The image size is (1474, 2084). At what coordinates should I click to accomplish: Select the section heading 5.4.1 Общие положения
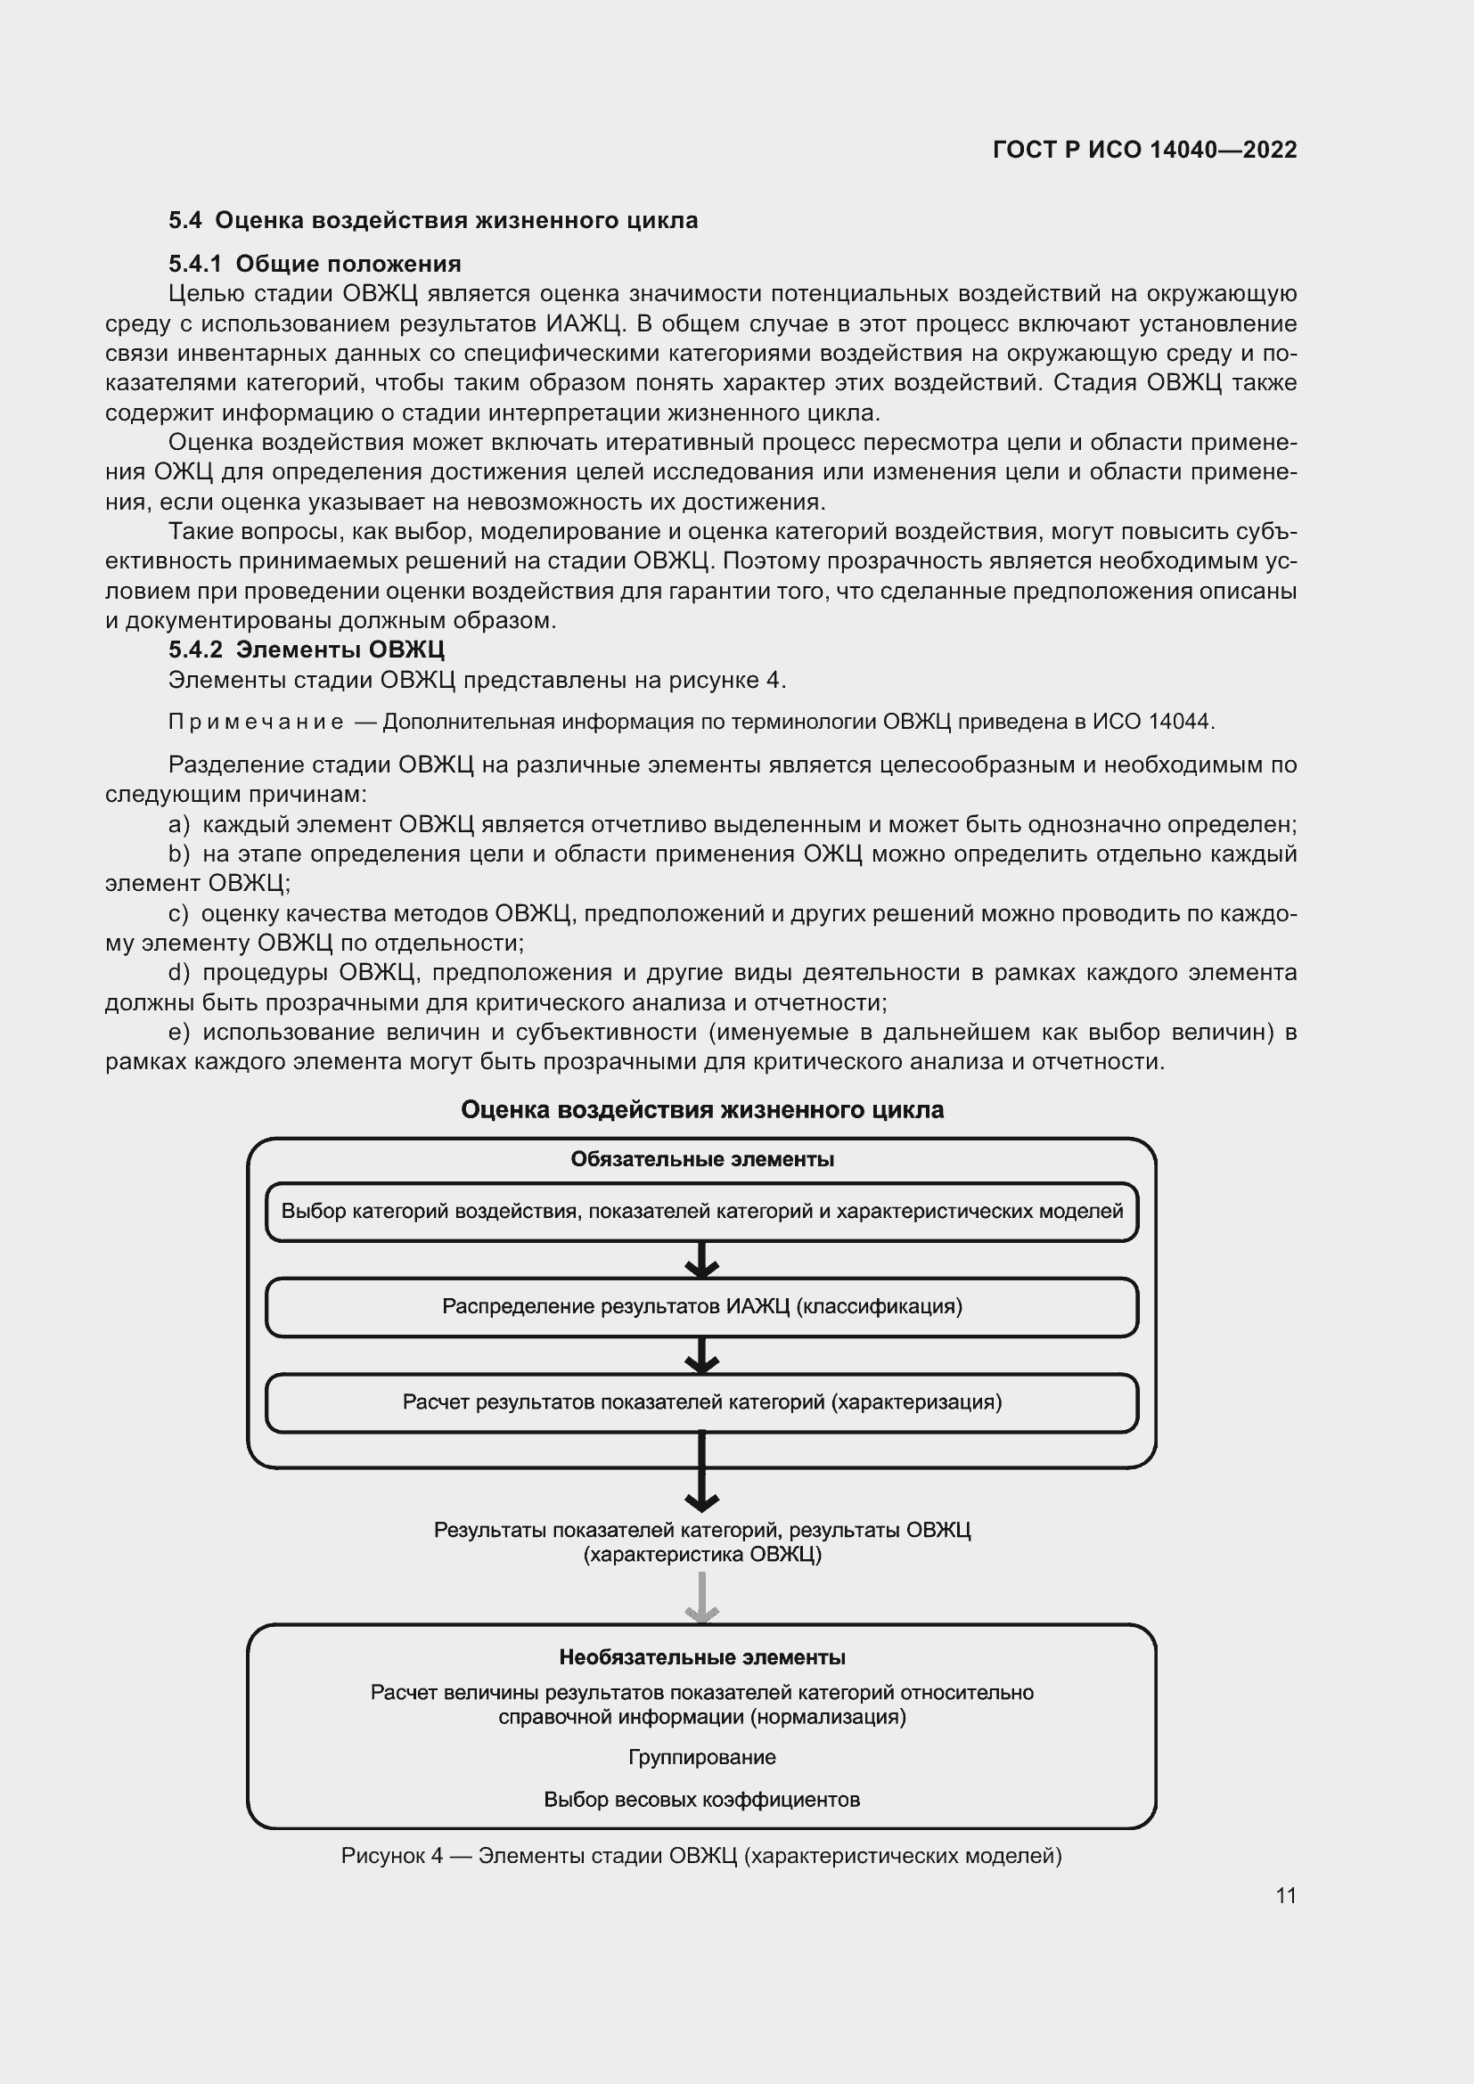[315, 264]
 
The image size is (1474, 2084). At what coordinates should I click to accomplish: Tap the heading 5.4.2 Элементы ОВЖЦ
[306, 650]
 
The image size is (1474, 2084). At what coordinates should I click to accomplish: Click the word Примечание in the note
[256, 723]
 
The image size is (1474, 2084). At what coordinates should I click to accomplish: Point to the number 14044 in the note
[1180, 723]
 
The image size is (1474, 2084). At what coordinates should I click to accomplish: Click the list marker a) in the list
[179, 825]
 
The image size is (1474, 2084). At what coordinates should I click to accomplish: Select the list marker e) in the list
[179, 1033]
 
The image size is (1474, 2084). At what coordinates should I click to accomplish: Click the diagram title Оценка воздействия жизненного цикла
[701, 1110]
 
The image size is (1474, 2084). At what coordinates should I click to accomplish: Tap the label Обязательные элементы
[701, 1160]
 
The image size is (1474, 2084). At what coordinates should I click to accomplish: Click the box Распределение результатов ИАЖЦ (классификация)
[701, 1307]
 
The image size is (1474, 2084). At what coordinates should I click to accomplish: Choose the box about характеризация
[701, 1402]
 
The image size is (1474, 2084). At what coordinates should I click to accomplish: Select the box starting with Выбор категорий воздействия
[701, 1212]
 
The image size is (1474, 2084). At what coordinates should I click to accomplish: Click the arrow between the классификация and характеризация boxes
[701, 1355]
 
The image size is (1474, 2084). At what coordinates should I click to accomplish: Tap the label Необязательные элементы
[701, 1658]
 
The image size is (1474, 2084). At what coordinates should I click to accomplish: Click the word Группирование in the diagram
[701, 1757]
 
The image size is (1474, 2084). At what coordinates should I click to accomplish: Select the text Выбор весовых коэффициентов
[701, 1800]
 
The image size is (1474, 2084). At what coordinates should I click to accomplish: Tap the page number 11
[1285, 1896]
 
